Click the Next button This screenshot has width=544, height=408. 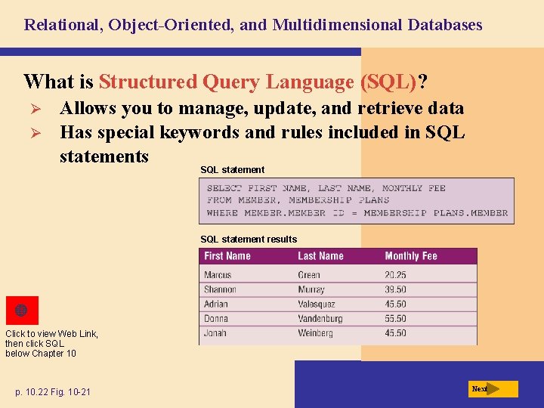click(x=493, y=389)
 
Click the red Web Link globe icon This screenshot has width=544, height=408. click(x=21, y=311)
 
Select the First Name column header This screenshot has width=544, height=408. click(x=227, y=256)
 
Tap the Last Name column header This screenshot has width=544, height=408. click(x=320, y=256)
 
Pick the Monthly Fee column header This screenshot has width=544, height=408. click(x=410, y=256)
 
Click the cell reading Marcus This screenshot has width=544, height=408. click(x=218, y=275)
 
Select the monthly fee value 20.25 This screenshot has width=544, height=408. click(x=395, y=275)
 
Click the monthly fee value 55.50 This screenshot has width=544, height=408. click(x=395, y=319)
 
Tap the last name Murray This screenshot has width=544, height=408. click(x=311, y=289)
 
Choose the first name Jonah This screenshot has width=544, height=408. click(x=215, y=333)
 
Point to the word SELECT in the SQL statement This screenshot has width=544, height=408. click(x=224, y=188)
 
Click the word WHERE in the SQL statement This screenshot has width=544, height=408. click(x=222, y=213)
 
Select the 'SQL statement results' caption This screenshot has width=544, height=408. click(x=249, y=240)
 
